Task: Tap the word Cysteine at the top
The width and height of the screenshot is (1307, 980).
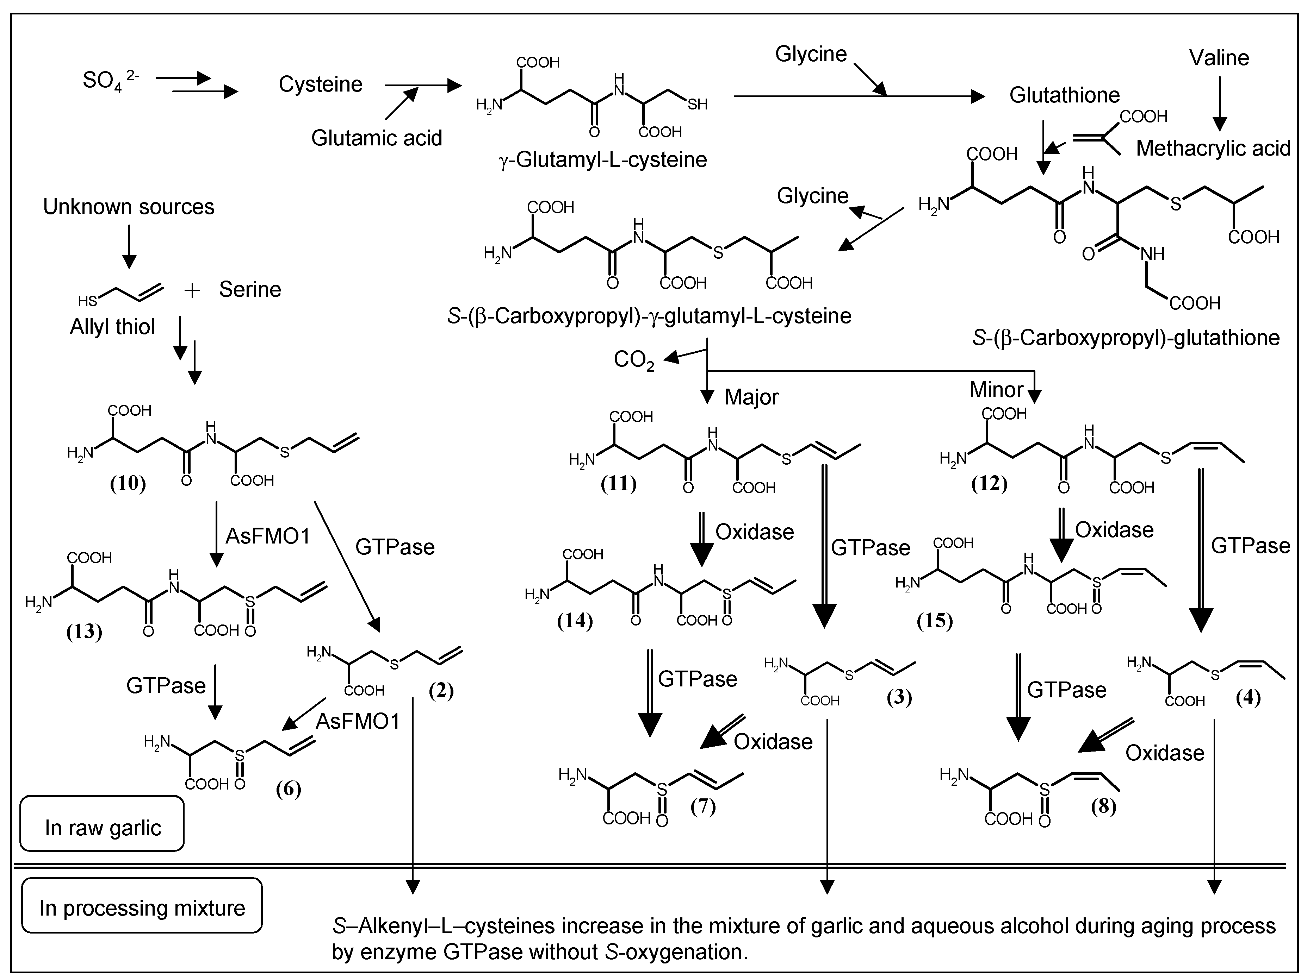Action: click(320, 84)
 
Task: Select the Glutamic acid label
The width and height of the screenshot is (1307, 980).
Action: click(376, 138)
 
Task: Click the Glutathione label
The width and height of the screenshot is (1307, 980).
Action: click(1064, 95)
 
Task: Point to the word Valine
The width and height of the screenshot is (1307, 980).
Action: click(1218, 58)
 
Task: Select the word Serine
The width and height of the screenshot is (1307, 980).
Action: click(250, 289)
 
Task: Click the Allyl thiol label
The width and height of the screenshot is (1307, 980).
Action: click(112, 326)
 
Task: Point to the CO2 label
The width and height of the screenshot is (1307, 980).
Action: click(633, 359)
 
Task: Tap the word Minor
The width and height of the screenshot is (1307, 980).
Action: click(996, 390)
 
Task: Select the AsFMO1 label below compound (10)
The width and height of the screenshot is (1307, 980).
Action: click(268, 536)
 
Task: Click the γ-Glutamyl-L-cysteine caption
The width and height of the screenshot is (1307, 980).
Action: click(603, 159)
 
